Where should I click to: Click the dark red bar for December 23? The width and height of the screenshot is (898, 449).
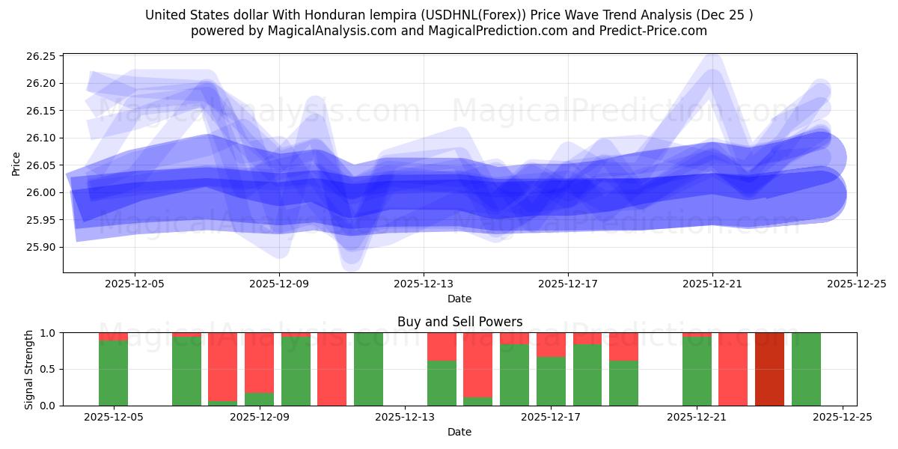(x=769, y=369)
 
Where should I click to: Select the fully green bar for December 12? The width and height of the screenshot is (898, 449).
(x=368, y=369)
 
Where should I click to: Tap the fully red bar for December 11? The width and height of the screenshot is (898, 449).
(x=332, y=369)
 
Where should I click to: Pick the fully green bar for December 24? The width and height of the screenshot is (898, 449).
(x=806, y=369)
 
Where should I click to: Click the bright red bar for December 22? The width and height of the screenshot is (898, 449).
(x=733, y=369)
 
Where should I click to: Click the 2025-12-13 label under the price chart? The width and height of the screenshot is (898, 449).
(x=424, y=284)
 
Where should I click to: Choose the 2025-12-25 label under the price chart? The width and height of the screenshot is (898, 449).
(x=856, y=284)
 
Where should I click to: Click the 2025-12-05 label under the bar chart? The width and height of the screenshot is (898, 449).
(x=114, y=417)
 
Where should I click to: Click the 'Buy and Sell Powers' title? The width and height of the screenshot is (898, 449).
(x=459, y=323)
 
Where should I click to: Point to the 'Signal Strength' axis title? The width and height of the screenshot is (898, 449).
(x=28, y=369)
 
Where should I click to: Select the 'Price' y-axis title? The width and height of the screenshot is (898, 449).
(x=16, y=163)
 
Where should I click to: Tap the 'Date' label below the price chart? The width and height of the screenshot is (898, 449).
(x=459, y=299)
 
